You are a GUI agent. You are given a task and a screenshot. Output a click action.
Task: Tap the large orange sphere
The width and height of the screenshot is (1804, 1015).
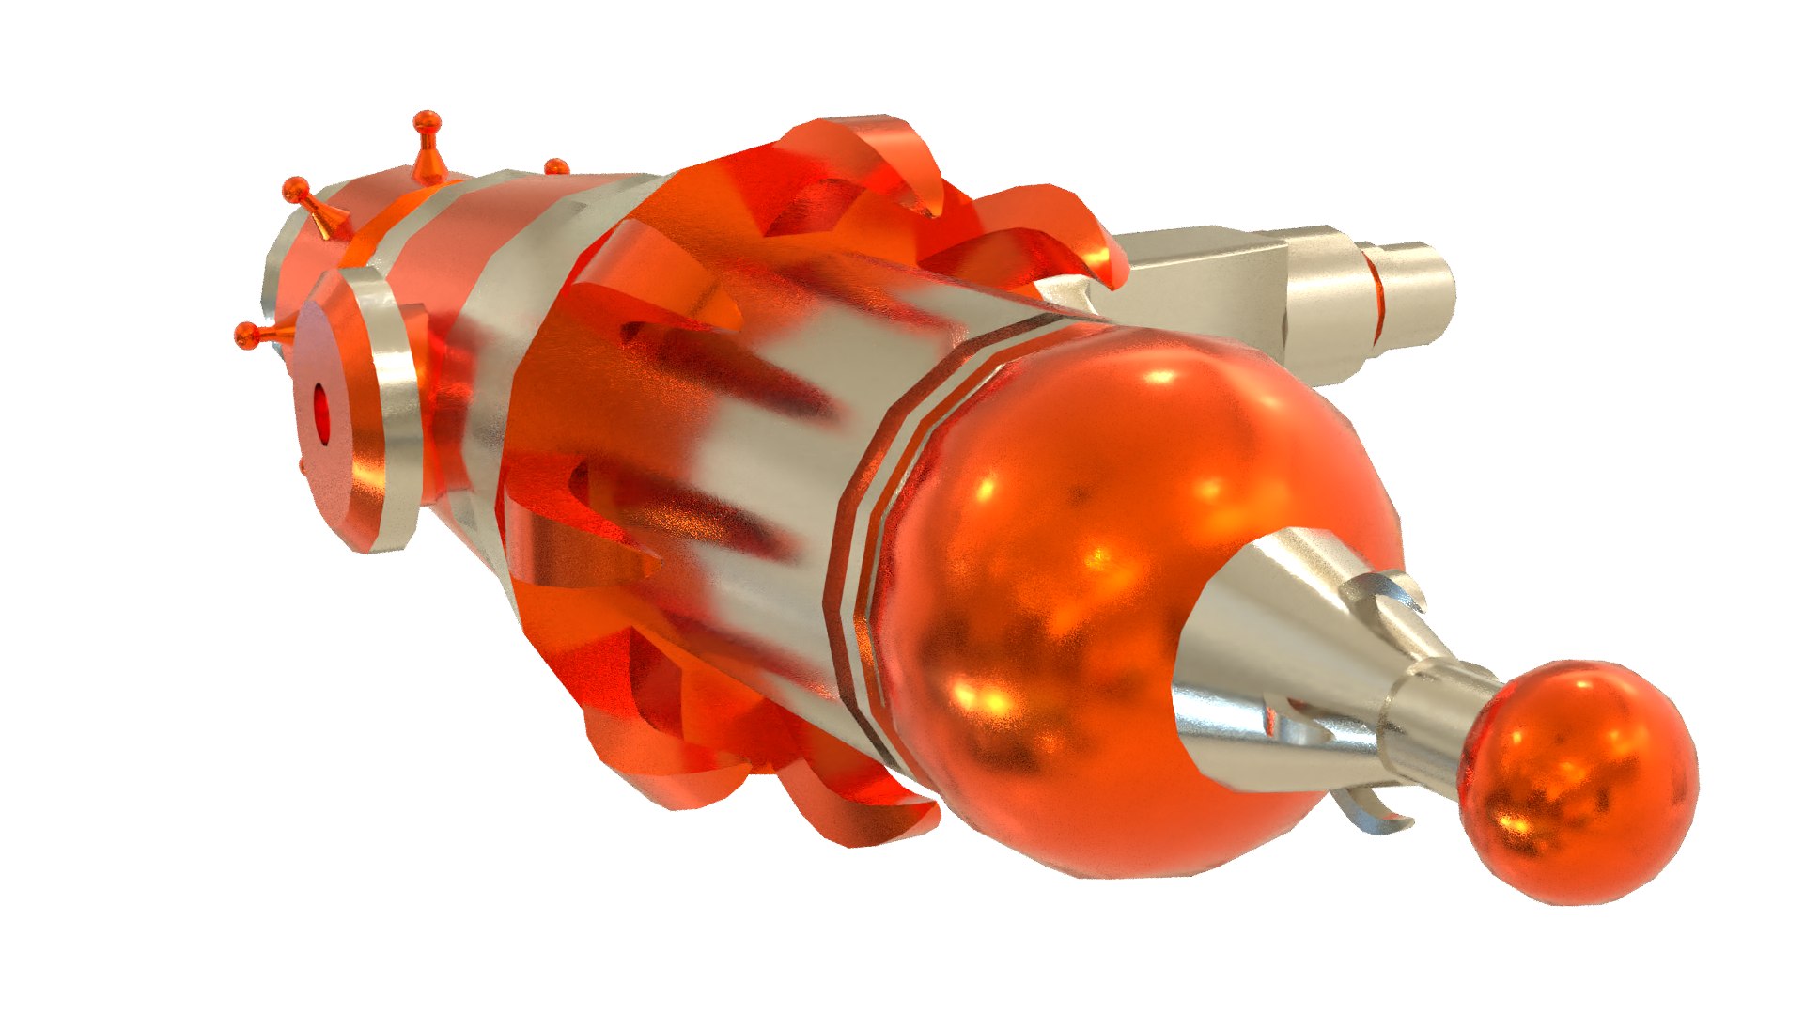pyautogui.click(x=1081, y=601)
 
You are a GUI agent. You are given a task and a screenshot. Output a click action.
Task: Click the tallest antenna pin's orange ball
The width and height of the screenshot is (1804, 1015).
pyautogui.click(x=427, y=120)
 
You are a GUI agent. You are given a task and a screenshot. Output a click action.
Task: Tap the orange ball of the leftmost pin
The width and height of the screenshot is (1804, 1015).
pyautogui.click(x=246, y=335)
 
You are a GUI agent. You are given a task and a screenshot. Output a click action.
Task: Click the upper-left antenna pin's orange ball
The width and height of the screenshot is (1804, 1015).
pyautogui.click(x=296, y=188)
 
